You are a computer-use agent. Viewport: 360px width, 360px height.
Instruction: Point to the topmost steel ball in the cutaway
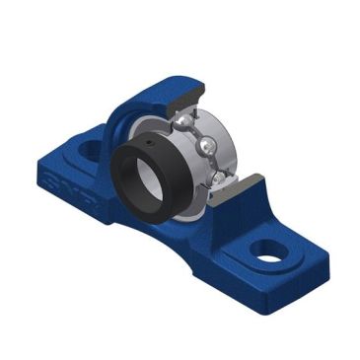[186, 121]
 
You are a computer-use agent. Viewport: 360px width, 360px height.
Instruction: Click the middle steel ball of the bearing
[205, 146]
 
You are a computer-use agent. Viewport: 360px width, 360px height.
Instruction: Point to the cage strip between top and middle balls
[196, 133]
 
